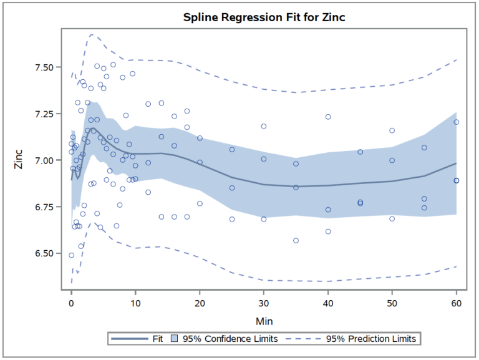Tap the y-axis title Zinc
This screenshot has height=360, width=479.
19,160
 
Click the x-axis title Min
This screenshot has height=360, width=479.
264,321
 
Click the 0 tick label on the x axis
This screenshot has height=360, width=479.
72,303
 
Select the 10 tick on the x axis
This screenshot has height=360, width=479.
135,303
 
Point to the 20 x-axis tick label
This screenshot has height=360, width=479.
200,303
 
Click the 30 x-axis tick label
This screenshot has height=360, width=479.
264,303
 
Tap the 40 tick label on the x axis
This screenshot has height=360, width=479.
328,303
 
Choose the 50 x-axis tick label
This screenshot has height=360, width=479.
392,303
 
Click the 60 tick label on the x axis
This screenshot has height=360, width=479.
457,303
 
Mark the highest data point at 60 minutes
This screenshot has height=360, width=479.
457,122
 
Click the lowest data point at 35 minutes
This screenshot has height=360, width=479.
296,240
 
